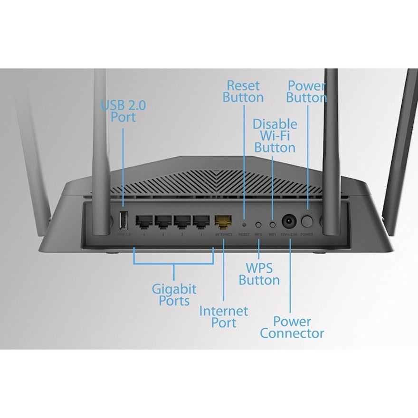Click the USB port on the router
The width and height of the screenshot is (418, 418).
(x=123, y=220)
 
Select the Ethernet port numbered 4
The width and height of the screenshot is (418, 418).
(x=144, y=221)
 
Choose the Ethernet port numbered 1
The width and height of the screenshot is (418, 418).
(x=202, y=221)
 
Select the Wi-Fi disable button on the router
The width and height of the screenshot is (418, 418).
(x=273, y=223)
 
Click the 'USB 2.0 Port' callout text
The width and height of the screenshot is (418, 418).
(x=123, y=111)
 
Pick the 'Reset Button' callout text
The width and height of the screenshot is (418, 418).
(x=243, y=92)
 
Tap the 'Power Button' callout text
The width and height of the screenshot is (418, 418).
(x=306, y=92)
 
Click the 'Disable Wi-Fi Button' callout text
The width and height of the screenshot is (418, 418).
(x=275, y=136)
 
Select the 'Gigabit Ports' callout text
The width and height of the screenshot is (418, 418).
(x=174, y=294)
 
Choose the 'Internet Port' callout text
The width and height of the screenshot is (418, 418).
(x=223, y=317)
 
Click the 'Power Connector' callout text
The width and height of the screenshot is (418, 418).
(x=292, y=327)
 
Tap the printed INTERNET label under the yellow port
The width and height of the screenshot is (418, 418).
(x=224, y=235)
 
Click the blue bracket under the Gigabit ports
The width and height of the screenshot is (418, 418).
(x=174, y=263)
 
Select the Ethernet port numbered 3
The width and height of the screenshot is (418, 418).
(x=163, y=221)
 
